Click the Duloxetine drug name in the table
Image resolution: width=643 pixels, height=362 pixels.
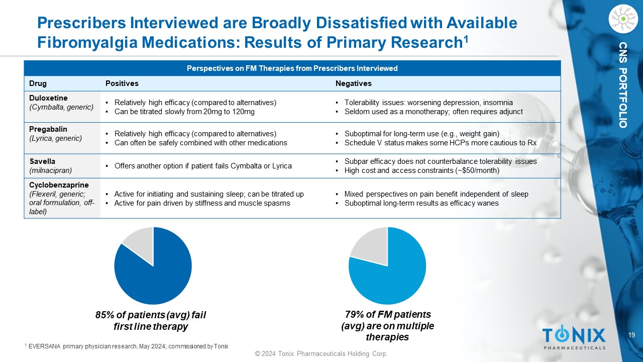(x=48, y=98)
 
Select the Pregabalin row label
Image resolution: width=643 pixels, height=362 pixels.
(x=48, y=129)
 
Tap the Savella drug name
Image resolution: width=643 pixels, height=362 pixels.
(x=43, y=161)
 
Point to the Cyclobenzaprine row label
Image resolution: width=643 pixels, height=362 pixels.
(x=59, y=185)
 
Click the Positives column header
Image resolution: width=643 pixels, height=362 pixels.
(x=122, y=83)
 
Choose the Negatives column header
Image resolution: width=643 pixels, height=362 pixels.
(x=353, y=83)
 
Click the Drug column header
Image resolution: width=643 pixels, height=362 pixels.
(x=38, y=83)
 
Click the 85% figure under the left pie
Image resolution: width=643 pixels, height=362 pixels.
(x=106, y=315)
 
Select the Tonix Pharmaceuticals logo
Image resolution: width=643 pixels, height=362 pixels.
(x=574, y=337)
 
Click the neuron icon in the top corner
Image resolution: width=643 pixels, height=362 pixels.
(x=622, y=19)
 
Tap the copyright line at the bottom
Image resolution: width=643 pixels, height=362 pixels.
(x=321, y=354)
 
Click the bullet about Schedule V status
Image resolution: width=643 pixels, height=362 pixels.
(x=440, y=143)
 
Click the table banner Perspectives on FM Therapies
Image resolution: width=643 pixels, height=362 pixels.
(x=292, y=68)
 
